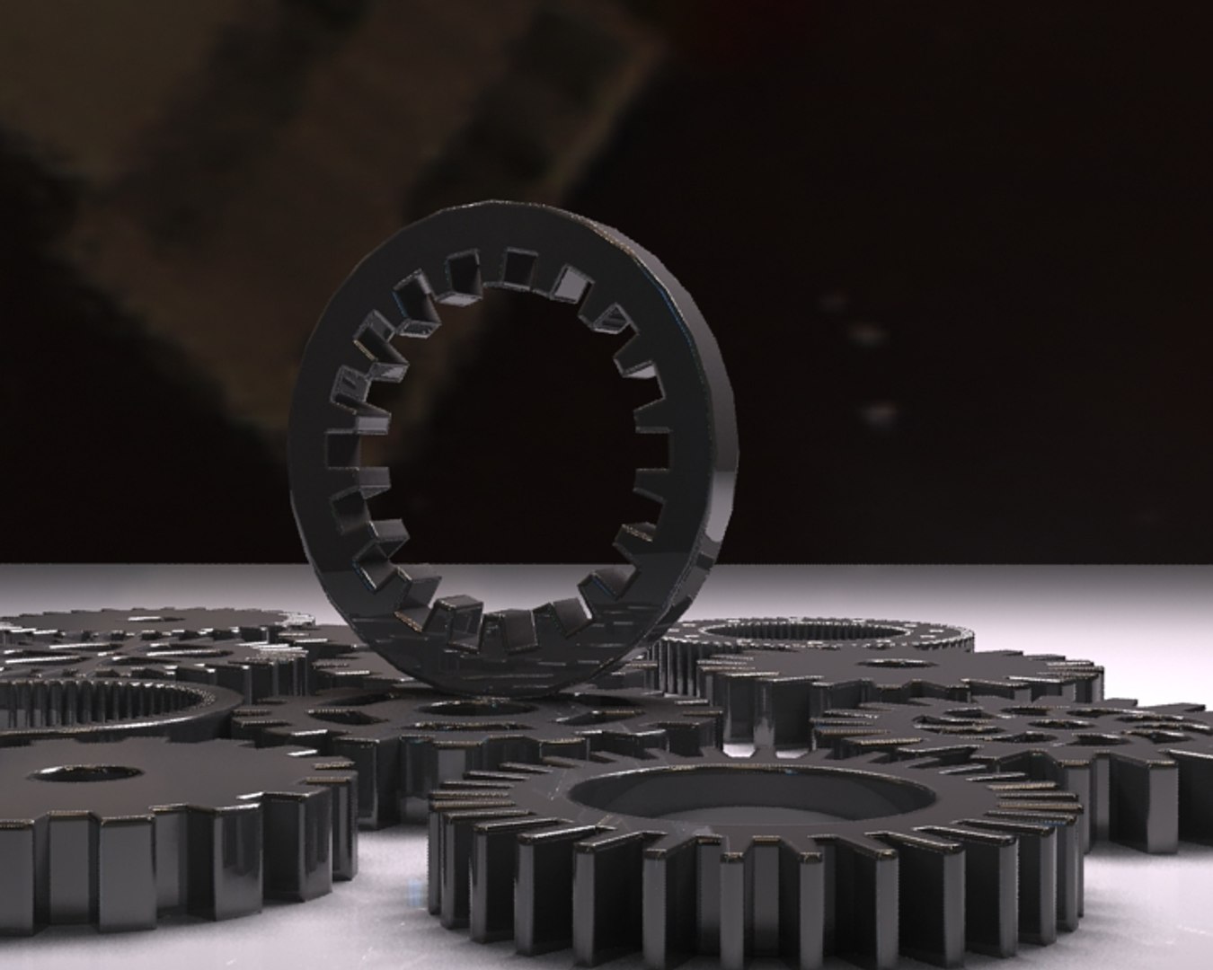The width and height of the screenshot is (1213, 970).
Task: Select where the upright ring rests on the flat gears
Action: coord(503,684)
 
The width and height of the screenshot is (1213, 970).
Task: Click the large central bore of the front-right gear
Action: coord(750,795)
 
